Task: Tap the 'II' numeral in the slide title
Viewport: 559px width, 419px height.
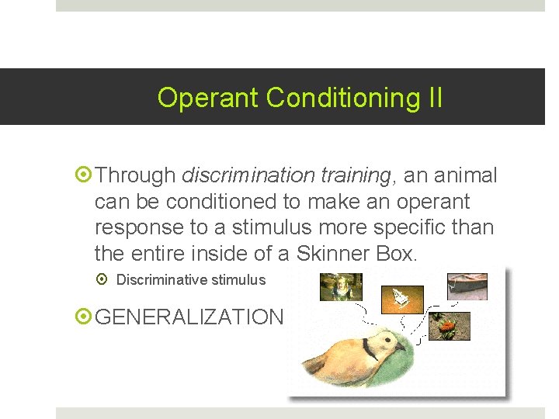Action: point(434,98)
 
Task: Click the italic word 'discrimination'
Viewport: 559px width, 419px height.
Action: point(245,175)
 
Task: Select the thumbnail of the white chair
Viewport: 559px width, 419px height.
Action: point(401,298)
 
